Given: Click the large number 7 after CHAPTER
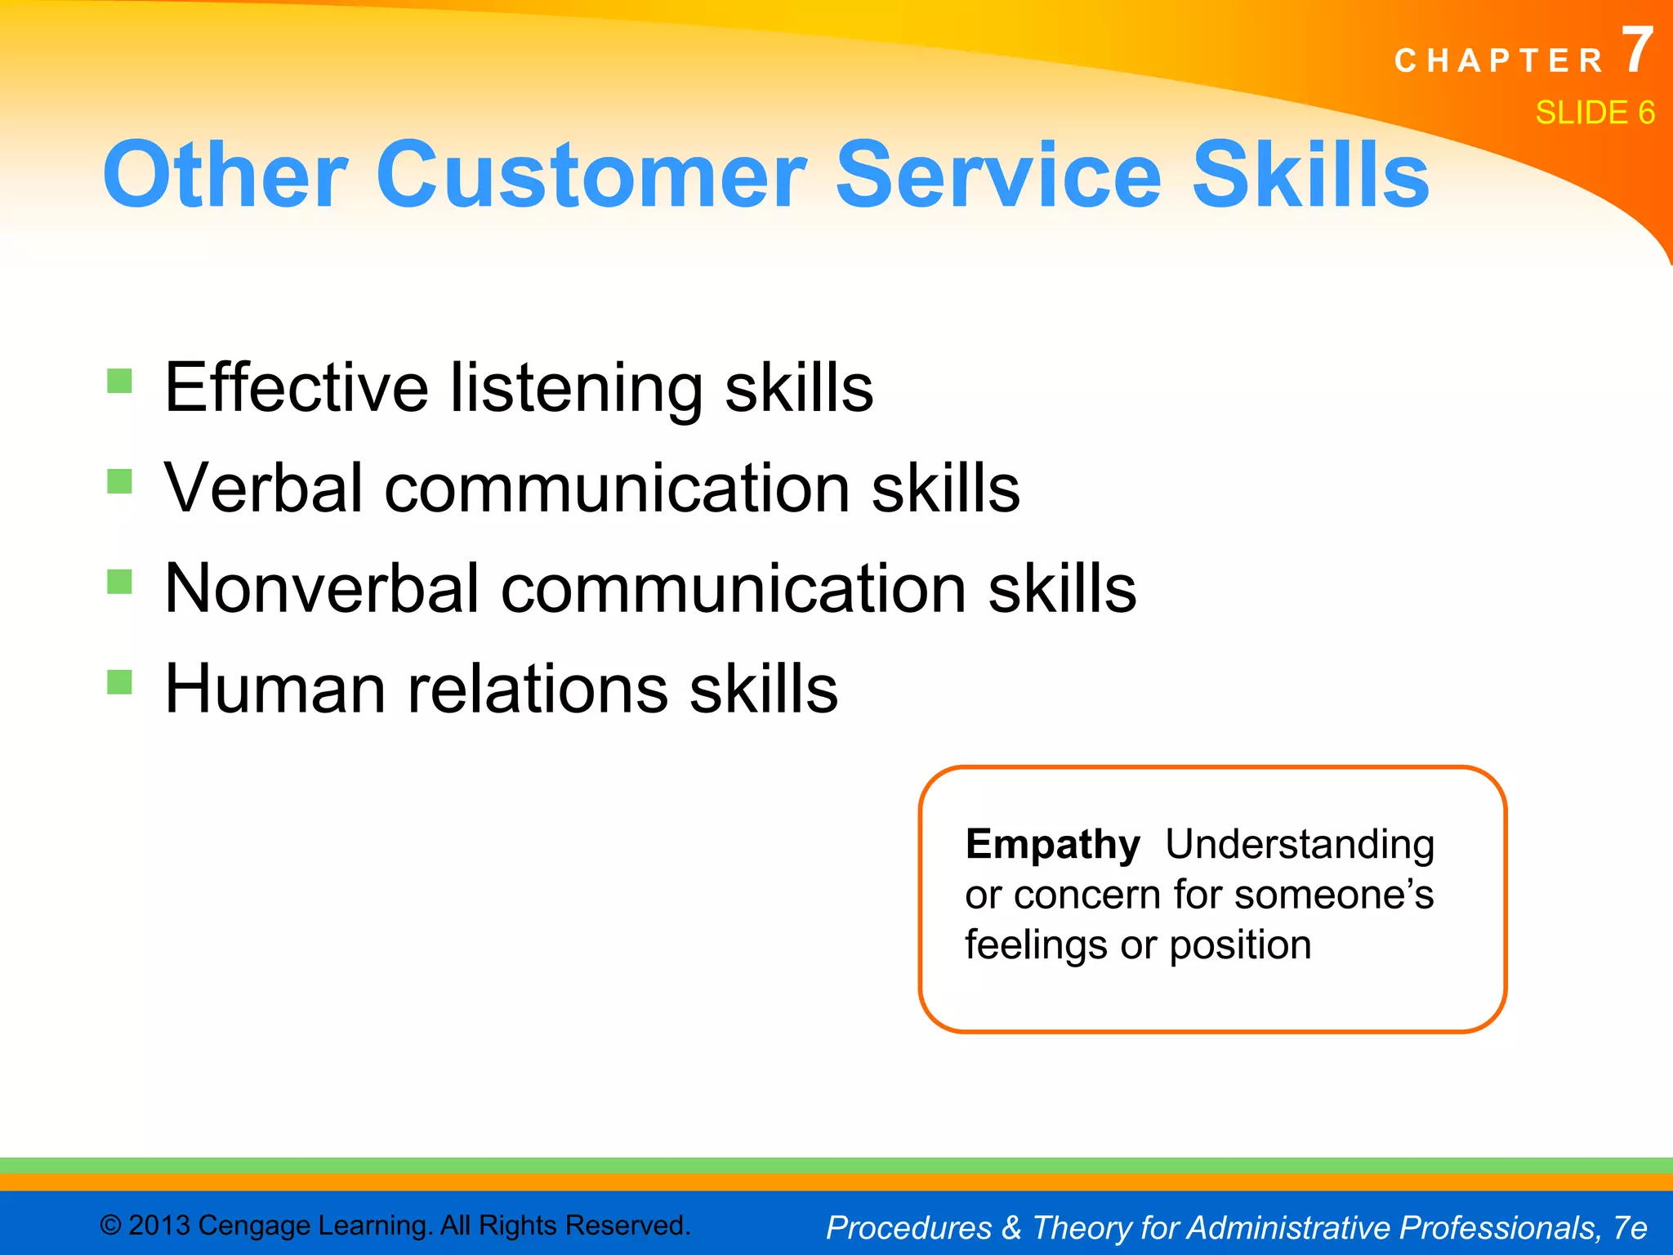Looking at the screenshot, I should (1637, 51).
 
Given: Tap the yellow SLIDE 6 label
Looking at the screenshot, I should (1595, 113).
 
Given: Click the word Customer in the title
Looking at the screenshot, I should (591, 175).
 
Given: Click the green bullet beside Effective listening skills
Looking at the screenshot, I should (119, 381).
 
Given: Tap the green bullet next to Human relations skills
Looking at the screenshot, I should (119, 681).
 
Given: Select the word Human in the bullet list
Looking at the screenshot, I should (274, 689).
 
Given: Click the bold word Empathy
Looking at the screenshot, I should (1052, 845).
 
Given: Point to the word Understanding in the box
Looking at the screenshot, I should (1299, 844).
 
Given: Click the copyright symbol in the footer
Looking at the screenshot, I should (111, 1226).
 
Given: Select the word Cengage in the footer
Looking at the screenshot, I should (254, 1226).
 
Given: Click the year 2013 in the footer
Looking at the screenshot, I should (159, 1226).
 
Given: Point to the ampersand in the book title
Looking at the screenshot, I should (1011, 1227).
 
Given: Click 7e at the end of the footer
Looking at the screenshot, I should (1630, 1227).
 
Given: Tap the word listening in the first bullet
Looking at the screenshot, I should (576, 388).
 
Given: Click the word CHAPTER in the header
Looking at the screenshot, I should (1499, 61).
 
